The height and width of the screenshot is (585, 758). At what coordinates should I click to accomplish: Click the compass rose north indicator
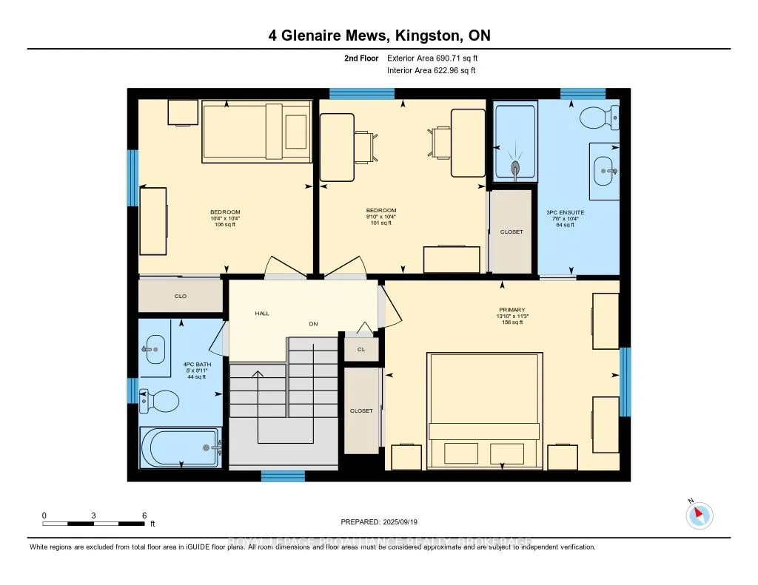tap(699, 515)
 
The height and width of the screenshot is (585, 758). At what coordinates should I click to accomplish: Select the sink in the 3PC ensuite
tap(605, 171)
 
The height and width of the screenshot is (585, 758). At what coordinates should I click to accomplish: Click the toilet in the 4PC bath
tap(159, 402)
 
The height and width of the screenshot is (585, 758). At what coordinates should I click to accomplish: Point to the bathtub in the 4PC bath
tap(180, 447)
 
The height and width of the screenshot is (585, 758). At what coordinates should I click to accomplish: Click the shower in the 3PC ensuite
tap(514, 143)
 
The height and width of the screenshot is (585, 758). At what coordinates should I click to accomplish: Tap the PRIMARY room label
tap(512, 310)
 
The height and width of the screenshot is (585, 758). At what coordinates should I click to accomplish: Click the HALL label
tap(262, 314)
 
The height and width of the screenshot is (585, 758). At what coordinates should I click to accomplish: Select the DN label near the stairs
tap(313, 324)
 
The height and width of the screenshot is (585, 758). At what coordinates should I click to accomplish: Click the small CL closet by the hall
tap(361, 349)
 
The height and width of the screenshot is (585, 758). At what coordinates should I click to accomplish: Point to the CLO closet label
tap(180, 296)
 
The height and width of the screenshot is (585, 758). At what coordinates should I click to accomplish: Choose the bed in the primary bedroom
tap(484, 408)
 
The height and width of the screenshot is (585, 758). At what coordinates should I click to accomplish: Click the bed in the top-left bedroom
tap(256, 132)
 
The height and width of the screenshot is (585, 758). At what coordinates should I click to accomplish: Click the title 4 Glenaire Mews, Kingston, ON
tap(379, 35)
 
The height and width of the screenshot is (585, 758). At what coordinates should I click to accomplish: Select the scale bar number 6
tap(144, 515)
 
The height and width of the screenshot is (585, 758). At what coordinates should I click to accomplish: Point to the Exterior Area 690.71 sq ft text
tap(437, 58)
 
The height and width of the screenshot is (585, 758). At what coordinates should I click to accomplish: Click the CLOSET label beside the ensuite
tap(512, 231)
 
